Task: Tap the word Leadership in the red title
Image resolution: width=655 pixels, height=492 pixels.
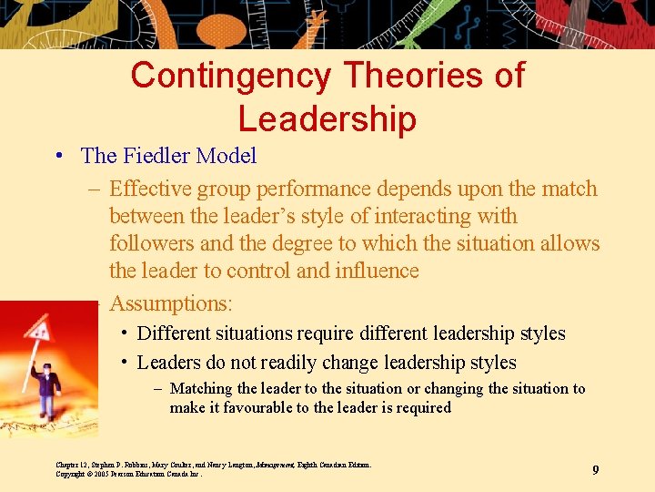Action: tap(327, 118)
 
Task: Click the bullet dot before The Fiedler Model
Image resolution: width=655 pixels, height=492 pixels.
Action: tap(58, 156)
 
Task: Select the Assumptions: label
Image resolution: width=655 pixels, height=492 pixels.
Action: tap(171, 302)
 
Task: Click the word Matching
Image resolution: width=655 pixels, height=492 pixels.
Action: tap(201, 389)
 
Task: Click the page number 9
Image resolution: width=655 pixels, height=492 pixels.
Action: tap(595, 469)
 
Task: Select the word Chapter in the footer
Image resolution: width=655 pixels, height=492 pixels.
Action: tap(70, 465)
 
